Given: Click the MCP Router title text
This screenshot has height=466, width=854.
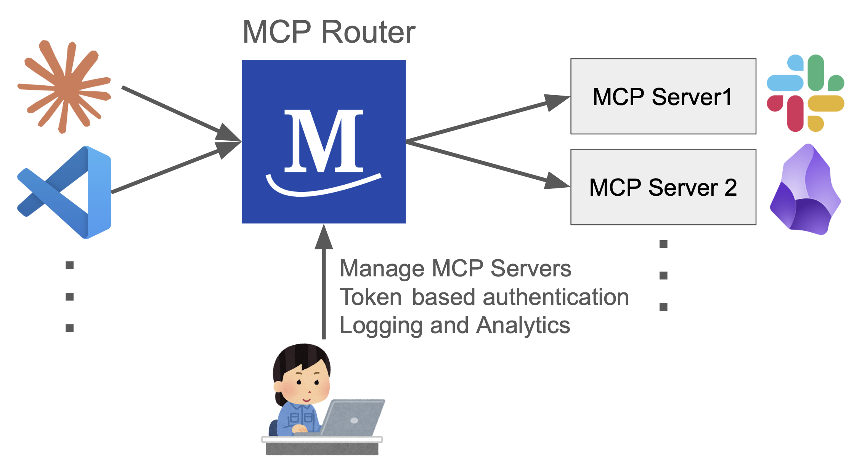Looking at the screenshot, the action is click(329, 32).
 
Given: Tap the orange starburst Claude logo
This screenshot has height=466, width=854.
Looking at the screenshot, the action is click(64, 87).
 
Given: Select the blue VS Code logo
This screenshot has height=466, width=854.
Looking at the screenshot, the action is click(64, 192).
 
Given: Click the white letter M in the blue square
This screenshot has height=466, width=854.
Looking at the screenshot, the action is click(324, 141).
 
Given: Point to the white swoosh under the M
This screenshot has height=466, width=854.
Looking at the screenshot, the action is click(323, 185).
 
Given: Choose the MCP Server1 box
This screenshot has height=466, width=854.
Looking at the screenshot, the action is click(663, 96).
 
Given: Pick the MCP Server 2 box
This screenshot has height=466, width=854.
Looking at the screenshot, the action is click(663, 187).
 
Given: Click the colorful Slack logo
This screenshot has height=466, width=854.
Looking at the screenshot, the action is click(806, 93).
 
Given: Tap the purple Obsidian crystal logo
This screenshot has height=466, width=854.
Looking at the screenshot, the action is click(806, 189).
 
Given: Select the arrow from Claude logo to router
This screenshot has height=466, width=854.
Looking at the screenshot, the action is click(181, 114).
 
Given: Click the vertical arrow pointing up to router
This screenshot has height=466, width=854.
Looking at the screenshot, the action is click(324, 281).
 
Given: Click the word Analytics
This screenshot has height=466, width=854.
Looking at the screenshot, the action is click(523, 326).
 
